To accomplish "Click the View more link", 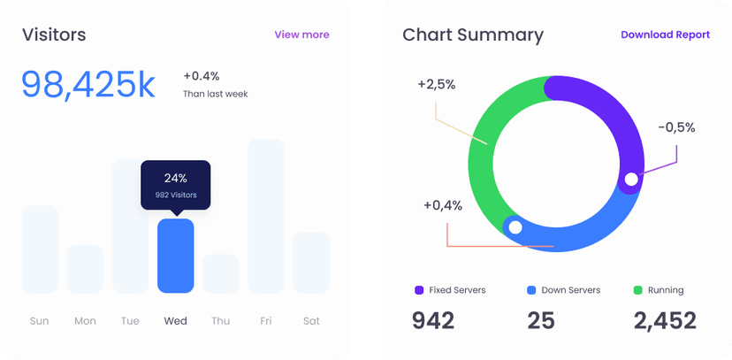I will (x=301, y=34).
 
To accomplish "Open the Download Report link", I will (x=665, y=34).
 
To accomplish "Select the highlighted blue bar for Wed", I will (x=175, y=256).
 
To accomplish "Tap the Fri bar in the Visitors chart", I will (x=265, y=216).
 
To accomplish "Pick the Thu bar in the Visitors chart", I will (x=220, y=273).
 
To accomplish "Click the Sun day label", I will (x=40, y=321).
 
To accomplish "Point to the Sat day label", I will (x=311, y=321).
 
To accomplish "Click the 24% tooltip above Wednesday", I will (x=175, y=185).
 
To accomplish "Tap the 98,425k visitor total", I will (x=88, y=84).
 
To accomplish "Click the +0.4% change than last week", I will (x=202, y=76).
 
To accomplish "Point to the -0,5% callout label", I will (x=676, y=127).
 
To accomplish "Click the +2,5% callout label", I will (x=436, y=85).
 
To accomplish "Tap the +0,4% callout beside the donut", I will (x=442, y=205).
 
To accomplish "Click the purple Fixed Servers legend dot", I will (x=418, y=290).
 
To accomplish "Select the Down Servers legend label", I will (x=570, y=290).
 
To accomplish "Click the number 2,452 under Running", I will (x=665, y=320).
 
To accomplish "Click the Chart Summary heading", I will (x=473, y=35).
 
